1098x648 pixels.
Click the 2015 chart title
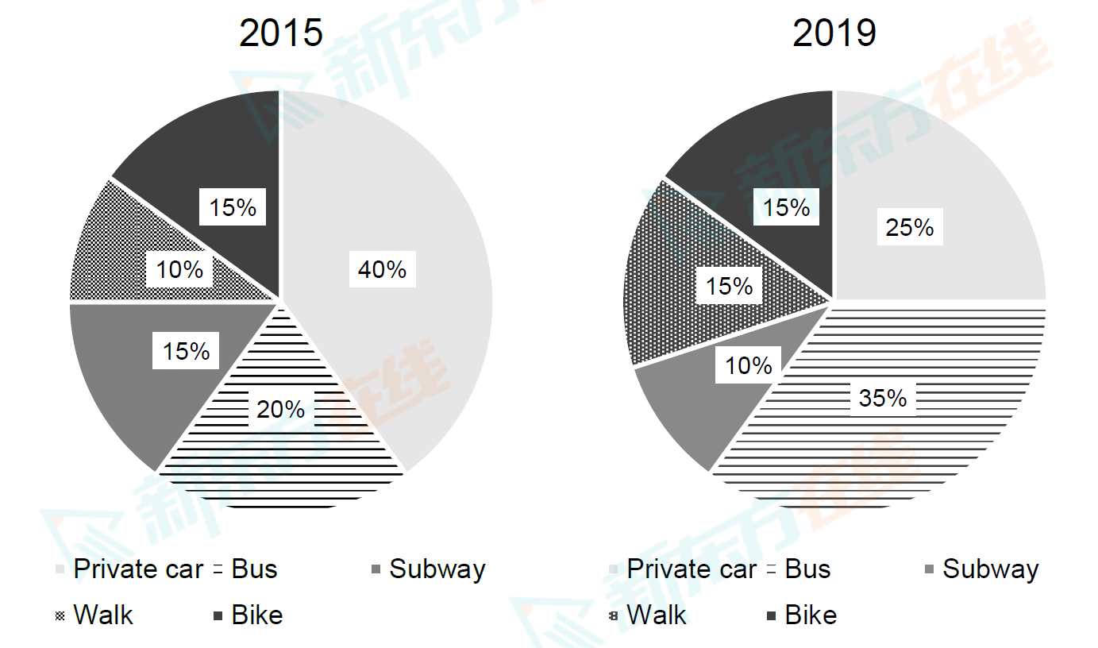(x=281, y=34)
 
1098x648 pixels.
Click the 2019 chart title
(x=834, y=34)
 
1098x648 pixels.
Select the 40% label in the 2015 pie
(x=382, y=270)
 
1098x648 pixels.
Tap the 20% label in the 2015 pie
(x=280, y=409)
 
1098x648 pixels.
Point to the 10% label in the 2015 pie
(x=179, y=270)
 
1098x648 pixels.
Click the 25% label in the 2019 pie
(x=910, y=228)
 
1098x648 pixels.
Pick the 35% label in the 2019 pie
(x=882, y=397)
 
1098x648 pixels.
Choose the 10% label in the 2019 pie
(x=748, y=366)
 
